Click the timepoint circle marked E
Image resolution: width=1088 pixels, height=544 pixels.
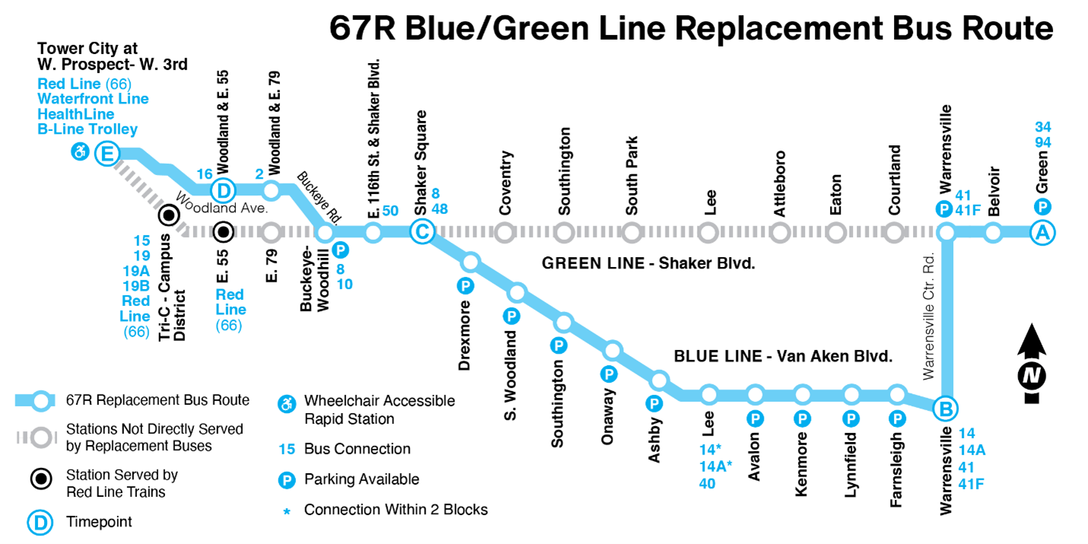pyautogui.click(x=107, y=154)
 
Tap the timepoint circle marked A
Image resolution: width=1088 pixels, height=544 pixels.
pyautogui.click(x=1042, y=233)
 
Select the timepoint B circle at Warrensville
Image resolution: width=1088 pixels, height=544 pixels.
pyautogui.click(x=946, y=409)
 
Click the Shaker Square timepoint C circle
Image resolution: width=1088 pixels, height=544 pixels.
pyautogui.click(x=422, y=232)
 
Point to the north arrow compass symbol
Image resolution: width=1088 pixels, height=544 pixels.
pyautogui.click(x=1032, y=364)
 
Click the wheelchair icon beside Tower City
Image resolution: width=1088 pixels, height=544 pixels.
pyautogui.click(x=80, y=151)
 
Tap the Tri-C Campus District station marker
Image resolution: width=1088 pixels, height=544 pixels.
pyautogui.click(x=169, y=215)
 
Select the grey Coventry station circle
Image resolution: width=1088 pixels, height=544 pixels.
pyautogui.click(x=504, y=233)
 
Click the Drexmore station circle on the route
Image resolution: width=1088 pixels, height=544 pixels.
pyautogui.click(x=470, y=262)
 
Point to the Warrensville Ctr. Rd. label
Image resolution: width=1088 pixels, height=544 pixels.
pyautogui.click(x=928, y=316)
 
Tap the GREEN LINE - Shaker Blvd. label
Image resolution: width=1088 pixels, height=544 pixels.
pyautogui.click(x=648, y=263)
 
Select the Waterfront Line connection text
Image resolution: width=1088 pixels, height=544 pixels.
pyautogui.click(x=94, y=99)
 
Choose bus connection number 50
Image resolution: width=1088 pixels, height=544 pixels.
pyautogui.click(x=390, y=211)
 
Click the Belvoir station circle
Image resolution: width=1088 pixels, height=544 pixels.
pyautogui.click(x=994, y=233)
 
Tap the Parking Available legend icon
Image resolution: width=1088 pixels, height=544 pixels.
pyautogui.click(x=287, y=480)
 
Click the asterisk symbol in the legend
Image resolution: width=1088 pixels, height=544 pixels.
pyautogui.click(x=287, y=511)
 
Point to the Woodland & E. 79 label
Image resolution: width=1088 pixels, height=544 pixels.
pyautogui.click(x=275, y=123)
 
